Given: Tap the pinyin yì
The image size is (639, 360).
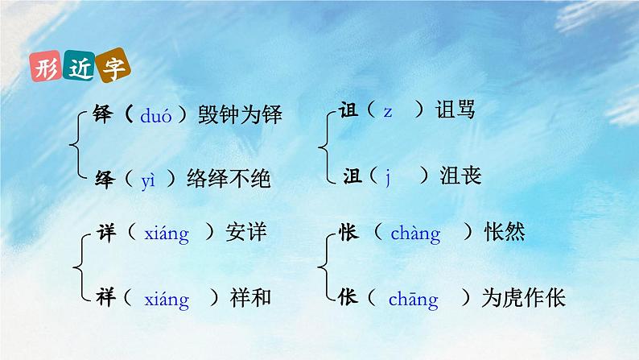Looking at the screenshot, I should [x=147, y=180].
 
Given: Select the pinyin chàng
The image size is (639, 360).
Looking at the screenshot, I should [x=415, y=234].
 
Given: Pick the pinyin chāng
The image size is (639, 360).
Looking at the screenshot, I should [x=413, y=300].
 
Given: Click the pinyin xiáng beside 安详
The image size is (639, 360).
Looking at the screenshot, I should [x=166, y=234].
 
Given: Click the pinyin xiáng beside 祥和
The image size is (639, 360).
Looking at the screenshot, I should [x=166, y=300].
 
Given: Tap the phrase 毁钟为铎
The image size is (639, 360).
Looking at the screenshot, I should [x=241, y=116].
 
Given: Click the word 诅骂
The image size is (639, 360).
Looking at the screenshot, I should [x=456, y=110].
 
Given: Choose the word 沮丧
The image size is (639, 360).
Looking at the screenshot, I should [x=460, y=175].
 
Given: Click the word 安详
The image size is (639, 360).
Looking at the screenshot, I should [x=245, y=234].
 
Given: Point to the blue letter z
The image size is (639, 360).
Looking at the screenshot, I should [x=387, y=112].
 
